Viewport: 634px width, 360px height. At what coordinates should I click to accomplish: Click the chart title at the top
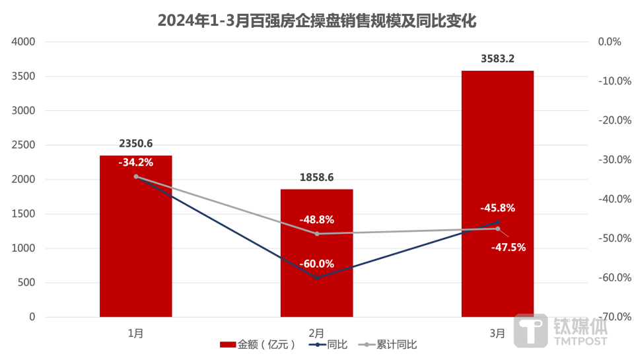317,20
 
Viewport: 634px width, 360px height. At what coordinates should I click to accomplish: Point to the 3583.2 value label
497,59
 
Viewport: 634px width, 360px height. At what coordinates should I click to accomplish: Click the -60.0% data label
316,264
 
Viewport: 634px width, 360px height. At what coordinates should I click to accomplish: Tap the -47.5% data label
508,248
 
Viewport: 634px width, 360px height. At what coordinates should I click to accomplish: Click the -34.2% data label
135,162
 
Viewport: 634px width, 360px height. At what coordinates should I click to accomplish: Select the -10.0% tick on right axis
609,81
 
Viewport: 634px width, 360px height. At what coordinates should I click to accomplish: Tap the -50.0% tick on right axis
609,238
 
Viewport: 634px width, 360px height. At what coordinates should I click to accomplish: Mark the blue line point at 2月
316,277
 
